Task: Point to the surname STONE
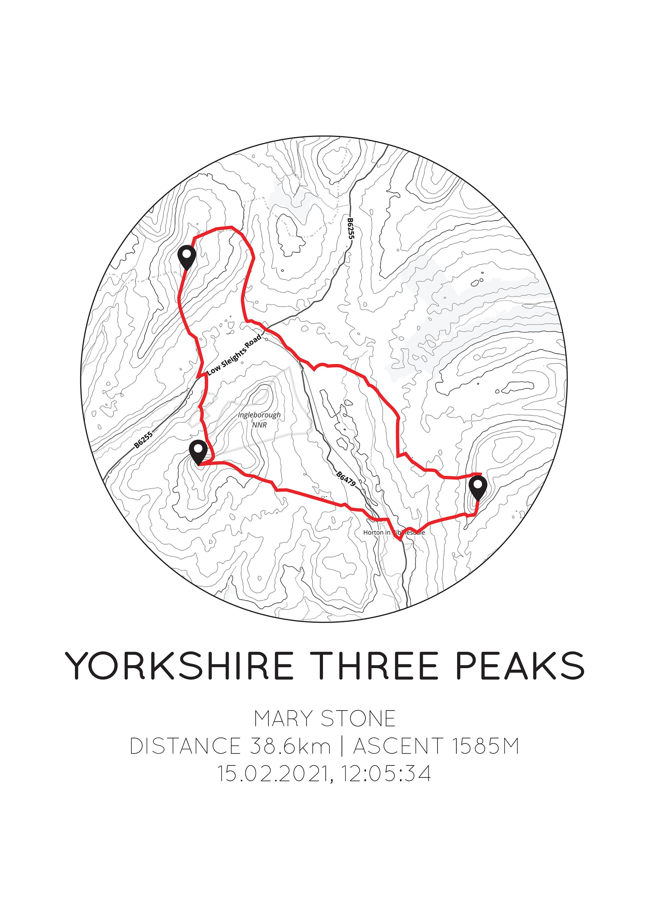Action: [x=358, y=719]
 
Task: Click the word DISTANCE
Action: [x=185, y=746]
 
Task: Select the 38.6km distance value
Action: [x=291, y=746]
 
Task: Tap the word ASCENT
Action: [x=398, y=746]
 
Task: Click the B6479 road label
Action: [x=346, y=478]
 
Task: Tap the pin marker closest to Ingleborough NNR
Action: [x=198, y=452]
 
